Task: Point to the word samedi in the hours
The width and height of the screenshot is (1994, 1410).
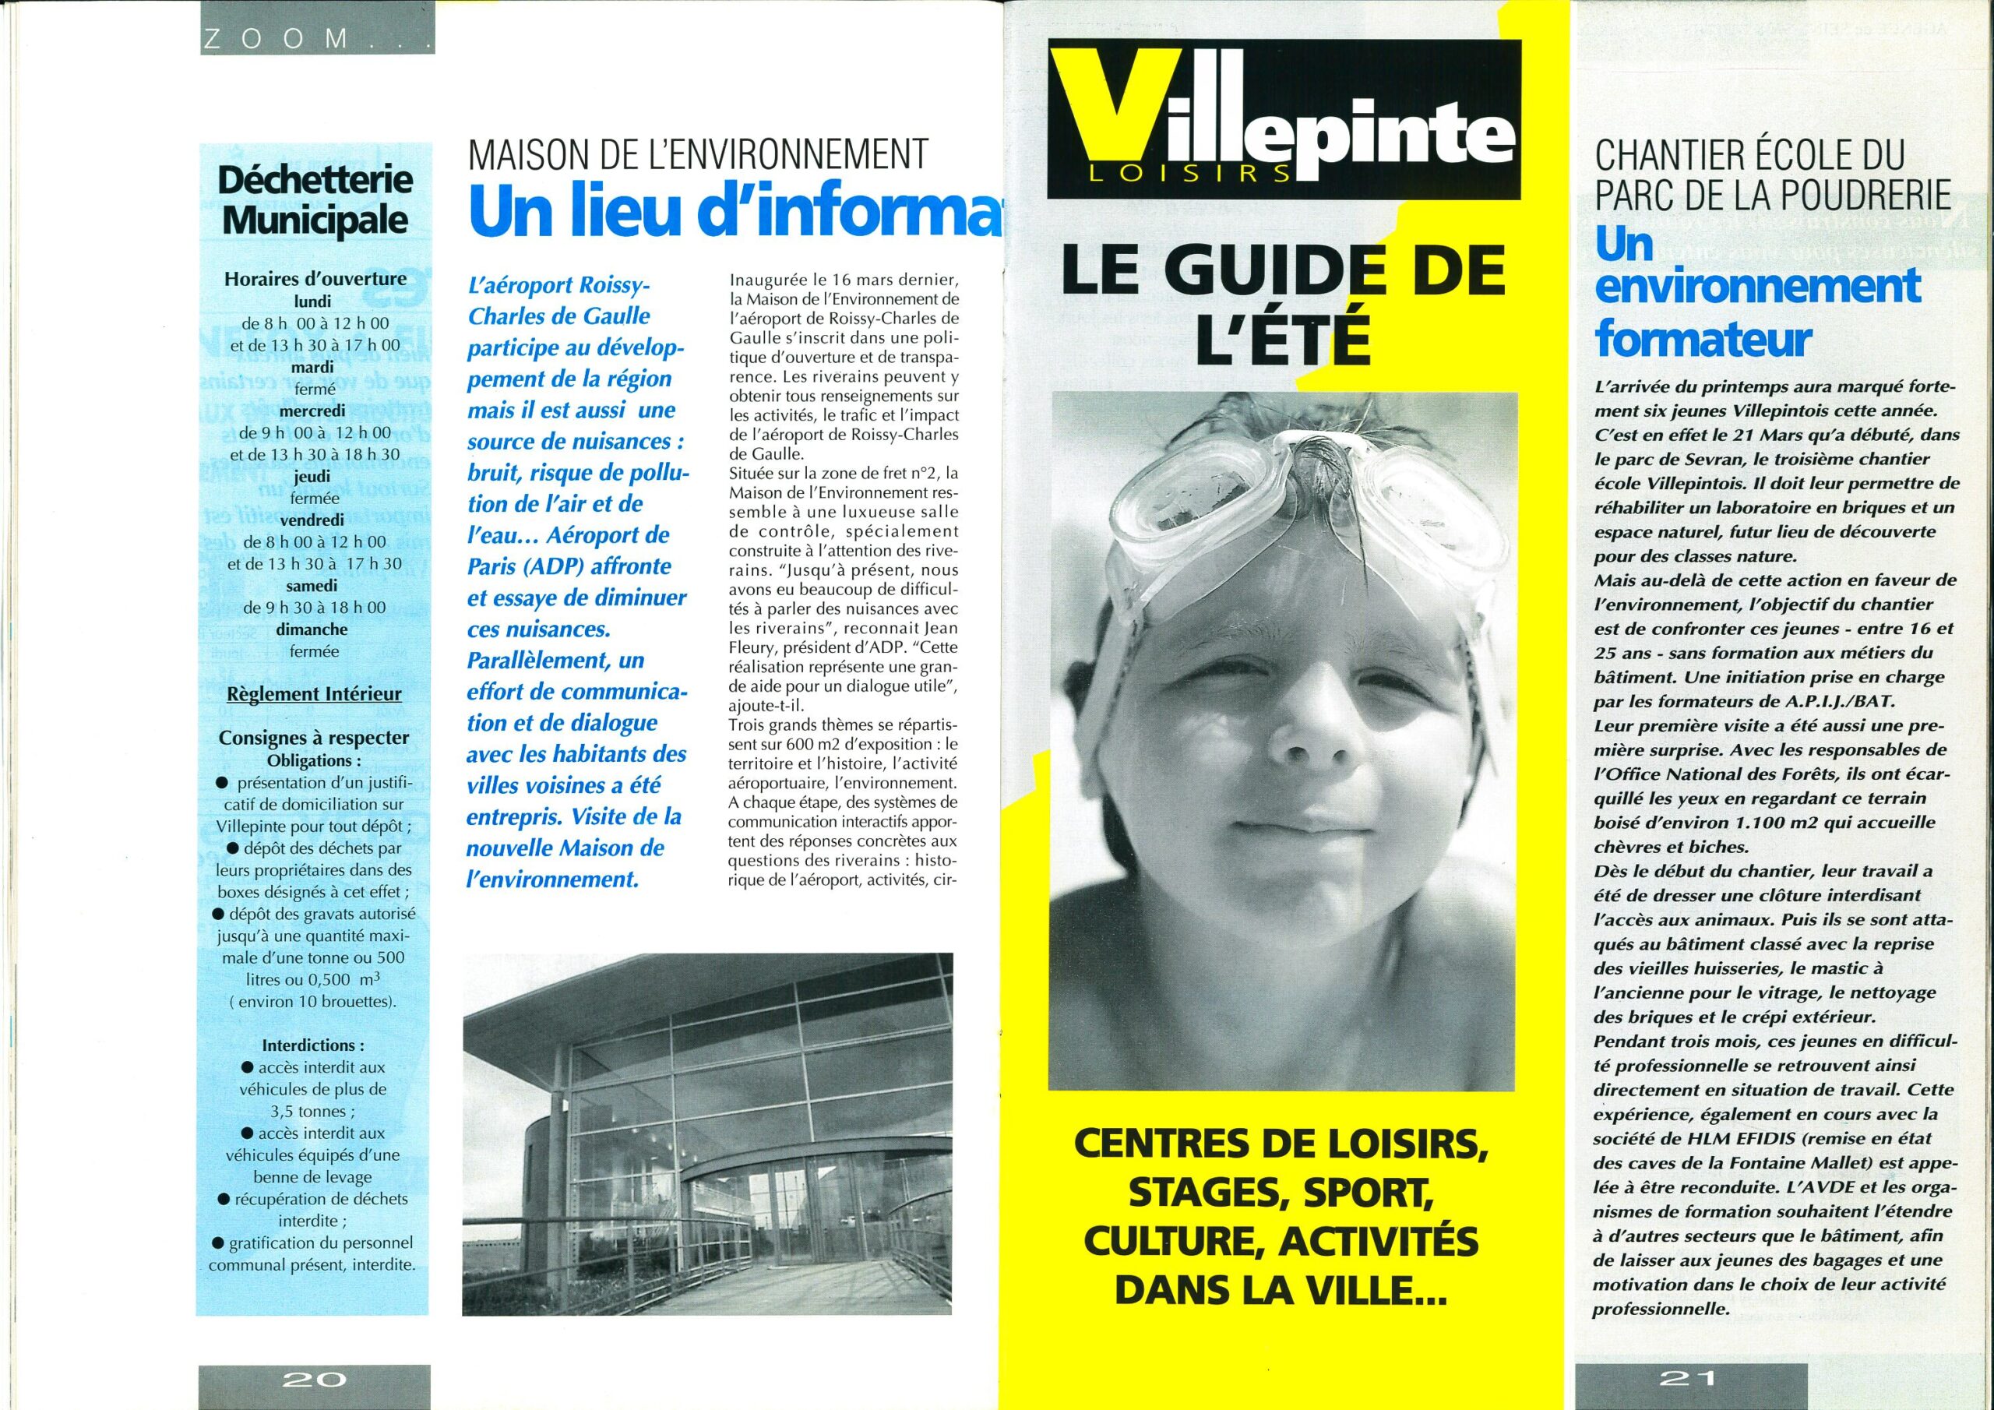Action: point(311,586)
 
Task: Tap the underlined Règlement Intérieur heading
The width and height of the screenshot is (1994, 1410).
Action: point(314,693)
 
